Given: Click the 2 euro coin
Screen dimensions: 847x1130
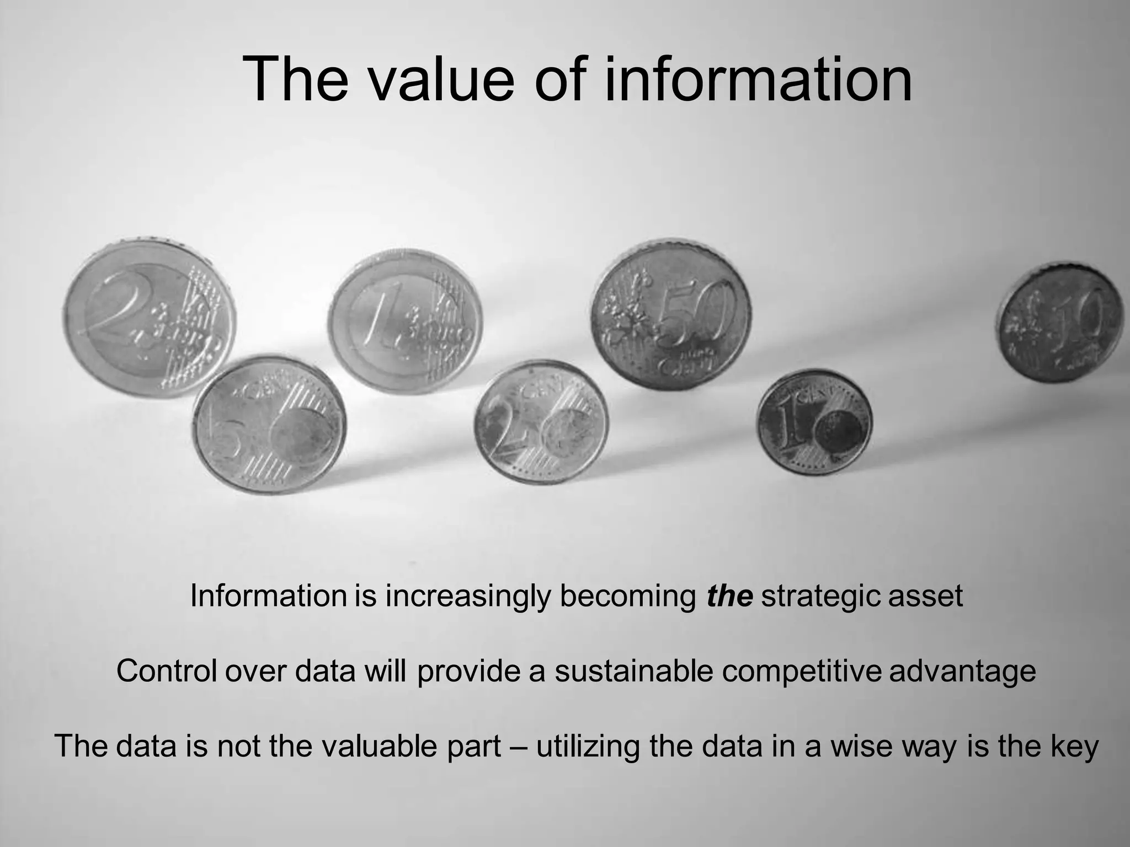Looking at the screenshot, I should coord(150,319).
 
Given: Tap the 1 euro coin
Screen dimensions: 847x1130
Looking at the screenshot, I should coord(406,321).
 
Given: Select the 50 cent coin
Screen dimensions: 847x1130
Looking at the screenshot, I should coord(671,314).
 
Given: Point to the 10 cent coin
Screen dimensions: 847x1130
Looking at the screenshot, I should coord(1060,323).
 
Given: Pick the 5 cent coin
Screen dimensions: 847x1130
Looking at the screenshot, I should coord(269,425).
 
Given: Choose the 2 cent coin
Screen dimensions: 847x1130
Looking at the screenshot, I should coord(541,422).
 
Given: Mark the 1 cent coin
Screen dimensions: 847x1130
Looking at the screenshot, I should coord(814,422).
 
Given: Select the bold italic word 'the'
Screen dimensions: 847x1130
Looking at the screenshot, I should coord(729,596).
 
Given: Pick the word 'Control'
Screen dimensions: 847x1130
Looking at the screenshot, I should coord(166,671).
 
